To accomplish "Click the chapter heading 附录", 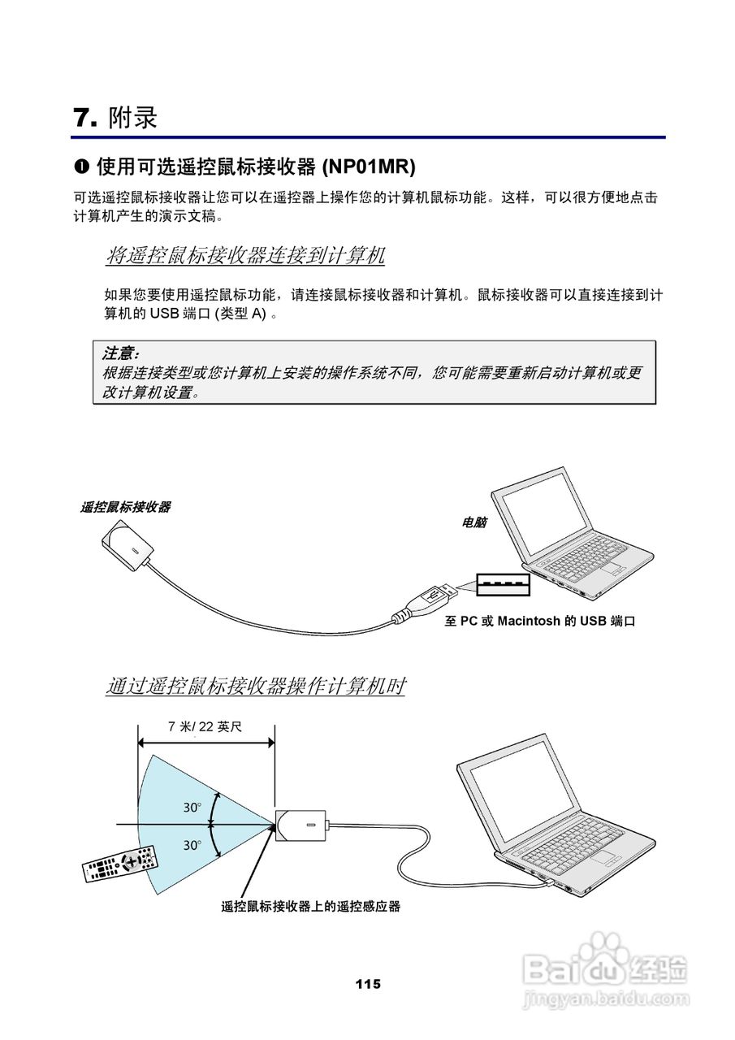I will coord(132,118).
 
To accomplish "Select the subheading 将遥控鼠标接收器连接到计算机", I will coord(245,256).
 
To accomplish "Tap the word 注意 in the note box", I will coord(119,353).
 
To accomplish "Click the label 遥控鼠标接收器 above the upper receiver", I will coord(126,507).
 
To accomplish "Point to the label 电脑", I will coord(473,523).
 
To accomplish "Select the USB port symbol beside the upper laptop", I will coord(502,584).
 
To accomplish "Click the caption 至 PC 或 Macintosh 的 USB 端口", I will coord(539,622).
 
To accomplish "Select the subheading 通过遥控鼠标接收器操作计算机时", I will coord(255,687).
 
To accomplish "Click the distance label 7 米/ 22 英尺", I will coord(205,726).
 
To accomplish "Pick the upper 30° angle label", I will coord(192,808).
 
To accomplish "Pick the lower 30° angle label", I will coord(192,845).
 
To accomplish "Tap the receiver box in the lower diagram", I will coord(302,825).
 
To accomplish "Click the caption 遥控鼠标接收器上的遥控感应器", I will coord(311,906).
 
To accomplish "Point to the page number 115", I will coord(367,984).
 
